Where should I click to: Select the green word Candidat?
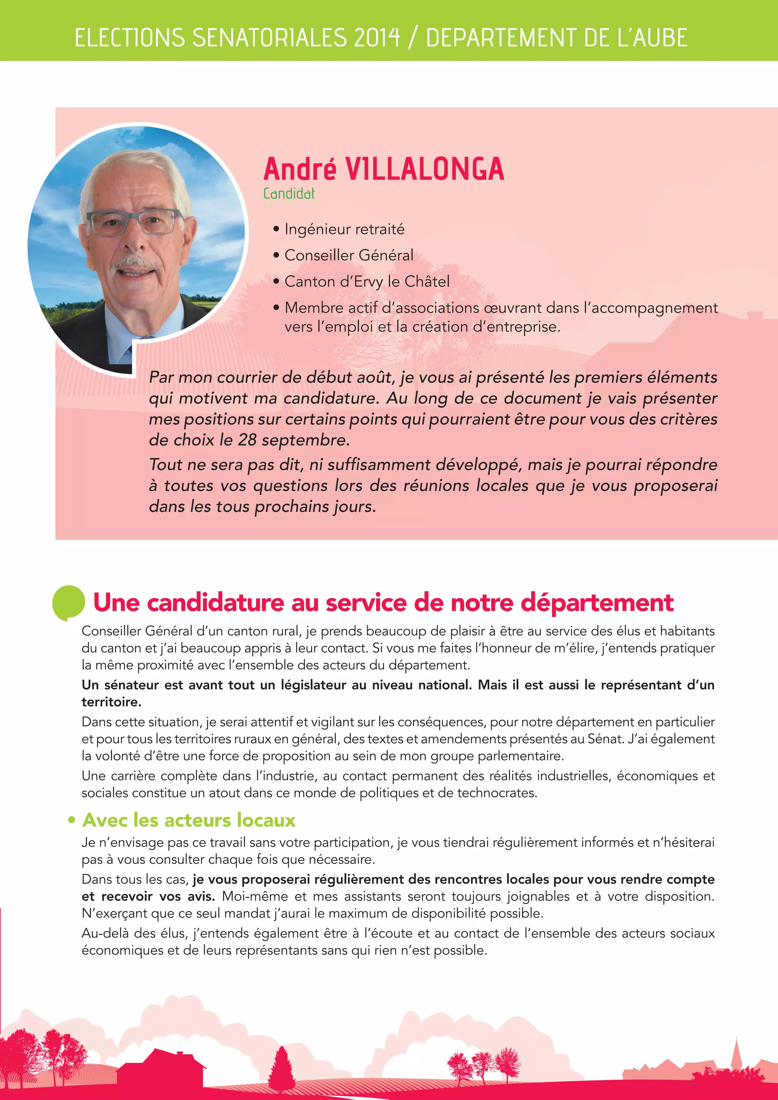(x=289, y=194)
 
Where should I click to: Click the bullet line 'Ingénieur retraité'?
(x=344, y=229)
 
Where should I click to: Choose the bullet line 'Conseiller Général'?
(x=348, y=255)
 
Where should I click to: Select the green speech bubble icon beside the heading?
(x=68, y=602)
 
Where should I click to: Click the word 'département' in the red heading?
(x=597, y=603)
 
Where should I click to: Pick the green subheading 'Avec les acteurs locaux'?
(x=189, y=820)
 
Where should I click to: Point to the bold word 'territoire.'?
(x=111, y=702)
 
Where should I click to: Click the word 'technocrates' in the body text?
(x=496, y=793)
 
